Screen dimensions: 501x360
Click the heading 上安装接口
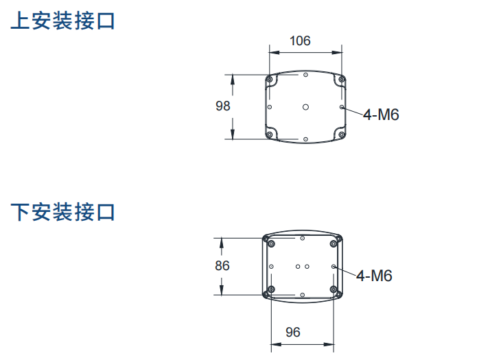pyautogui.click(x=62, y=21)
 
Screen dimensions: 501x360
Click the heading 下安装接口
pyautogui.click(x=62, y=212)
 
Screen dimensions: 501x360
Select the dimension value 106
pyautogui.click(x=300, y=41)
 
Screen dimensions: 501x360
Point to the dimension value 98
pyautogui.click(x=222, y=106)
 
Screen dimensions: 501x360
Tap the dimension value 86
pyautogui.click(x=222, y=265)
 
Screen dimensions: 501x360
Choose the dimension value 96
pyautogui.click(x=292, y=333)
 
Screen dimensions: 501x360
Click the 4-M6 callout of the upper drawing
pyautogui.click(x=381, y=115)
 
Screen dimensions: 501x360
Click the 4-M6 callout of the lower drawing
pyautogui.click(x=374, y=276)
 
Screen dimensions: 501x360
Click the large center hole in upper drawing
pyautogui.click(x=305, y=107)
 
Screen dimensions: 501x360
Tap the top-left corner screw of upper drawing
pyautogui.click(x=270, y=79)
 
